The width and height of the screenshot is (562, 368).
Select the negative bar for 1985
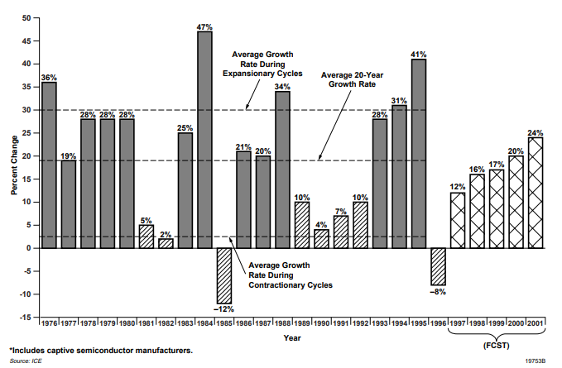pos(224,275)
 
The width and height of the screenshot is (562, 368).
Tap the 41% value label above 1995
pos(420,54)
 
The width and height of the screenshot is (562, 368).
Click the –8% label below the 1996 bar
pos(439,291)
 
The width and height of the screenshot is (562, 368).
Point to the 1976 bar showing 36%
pos(50,165)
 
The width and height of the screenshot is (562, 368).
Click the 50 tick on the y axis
pos(26,18)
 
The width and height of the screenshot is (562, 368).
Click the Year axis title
pos(292,337)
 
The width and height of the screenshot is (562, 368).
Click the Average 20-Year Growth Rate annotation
pos(351,79)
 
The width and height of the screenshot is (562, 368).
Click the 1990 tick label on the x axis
pos(322,323)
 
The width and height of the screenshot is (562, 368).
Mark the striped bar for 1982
pos(166,243)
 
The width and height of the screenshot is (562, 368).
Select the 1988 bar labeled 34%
pos(282,170)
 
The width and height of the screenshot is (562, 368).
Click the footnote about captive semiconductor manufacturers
pos(100,351)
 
